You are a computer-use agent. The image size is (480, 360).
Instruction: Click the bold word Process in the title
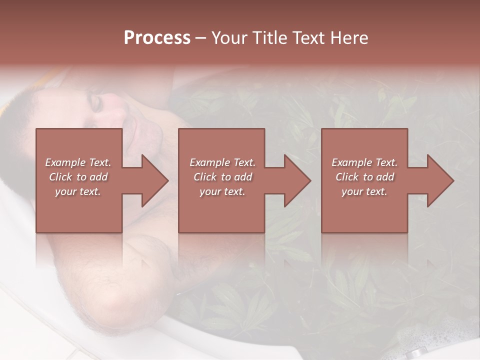[x=157, y=37]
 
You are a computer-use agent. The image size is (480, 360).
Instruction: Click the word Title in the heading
[x=266, y=37]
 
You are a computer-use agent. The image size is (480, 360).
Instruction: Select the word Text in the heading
[x=307, y=37]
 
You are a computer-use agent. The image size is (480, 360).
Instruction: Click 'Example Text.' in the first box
[x=78, y=162]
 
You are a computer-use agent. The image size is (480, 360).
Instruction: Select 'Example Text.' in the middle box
[x=222, y=162]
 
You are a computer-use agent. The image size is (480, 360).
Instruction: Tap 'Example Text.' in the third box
[x=364, y=162]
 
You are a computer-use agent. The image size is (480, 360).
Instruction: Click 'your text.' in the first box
[x=78, y=191]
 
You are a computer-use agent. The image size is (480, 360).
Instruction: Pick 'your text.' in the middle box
[x=222, y=191]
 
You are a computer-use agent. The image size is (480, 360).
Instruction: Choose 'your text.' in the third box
[x=364, y=191]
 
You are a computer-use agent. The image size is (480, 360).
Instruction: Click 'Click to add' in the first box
[x=78, y=177]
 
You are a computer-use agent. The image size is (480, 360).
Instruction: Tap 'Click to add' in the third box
[x=364, y=177]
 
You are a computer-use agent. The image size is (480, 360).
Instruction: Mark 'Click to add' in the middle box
[x=222, y=177]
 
